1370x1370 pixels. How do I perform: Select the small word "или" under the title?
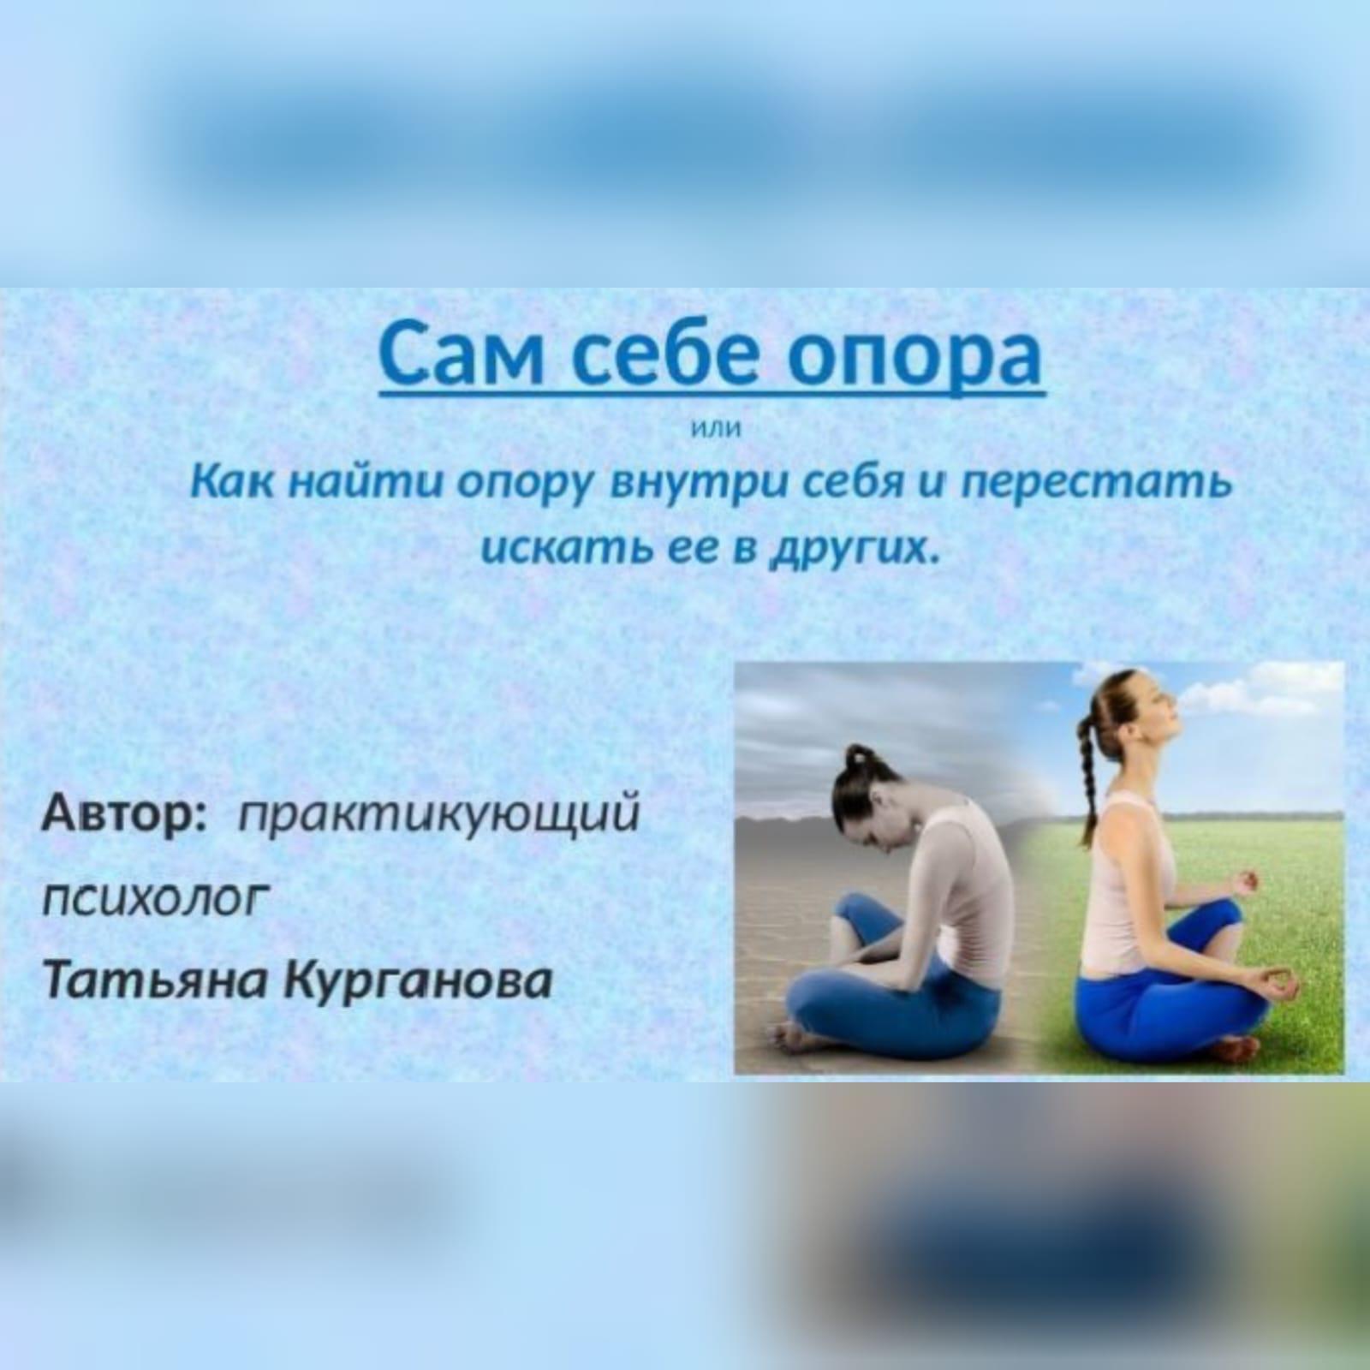coord(713,429)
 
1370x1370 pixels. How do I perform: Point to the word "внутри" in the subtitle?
coord(697,485)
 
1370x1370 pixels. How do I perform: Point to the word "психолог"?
coord(154,898)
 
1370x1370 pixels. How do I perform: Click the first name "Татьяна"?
coord(155,980)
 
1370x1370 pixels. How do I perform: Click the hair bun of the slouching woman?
coord(856,759)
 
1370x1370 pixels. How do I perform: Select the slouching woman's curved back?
coord(985,865)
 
